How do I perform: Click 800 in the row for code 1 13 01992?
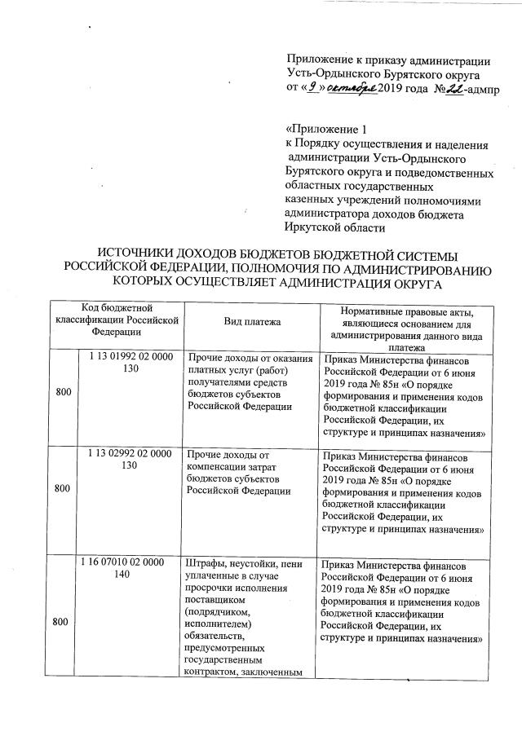tap(63, 393)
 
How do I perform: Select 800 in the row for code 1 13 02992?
tap(63, 488)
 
